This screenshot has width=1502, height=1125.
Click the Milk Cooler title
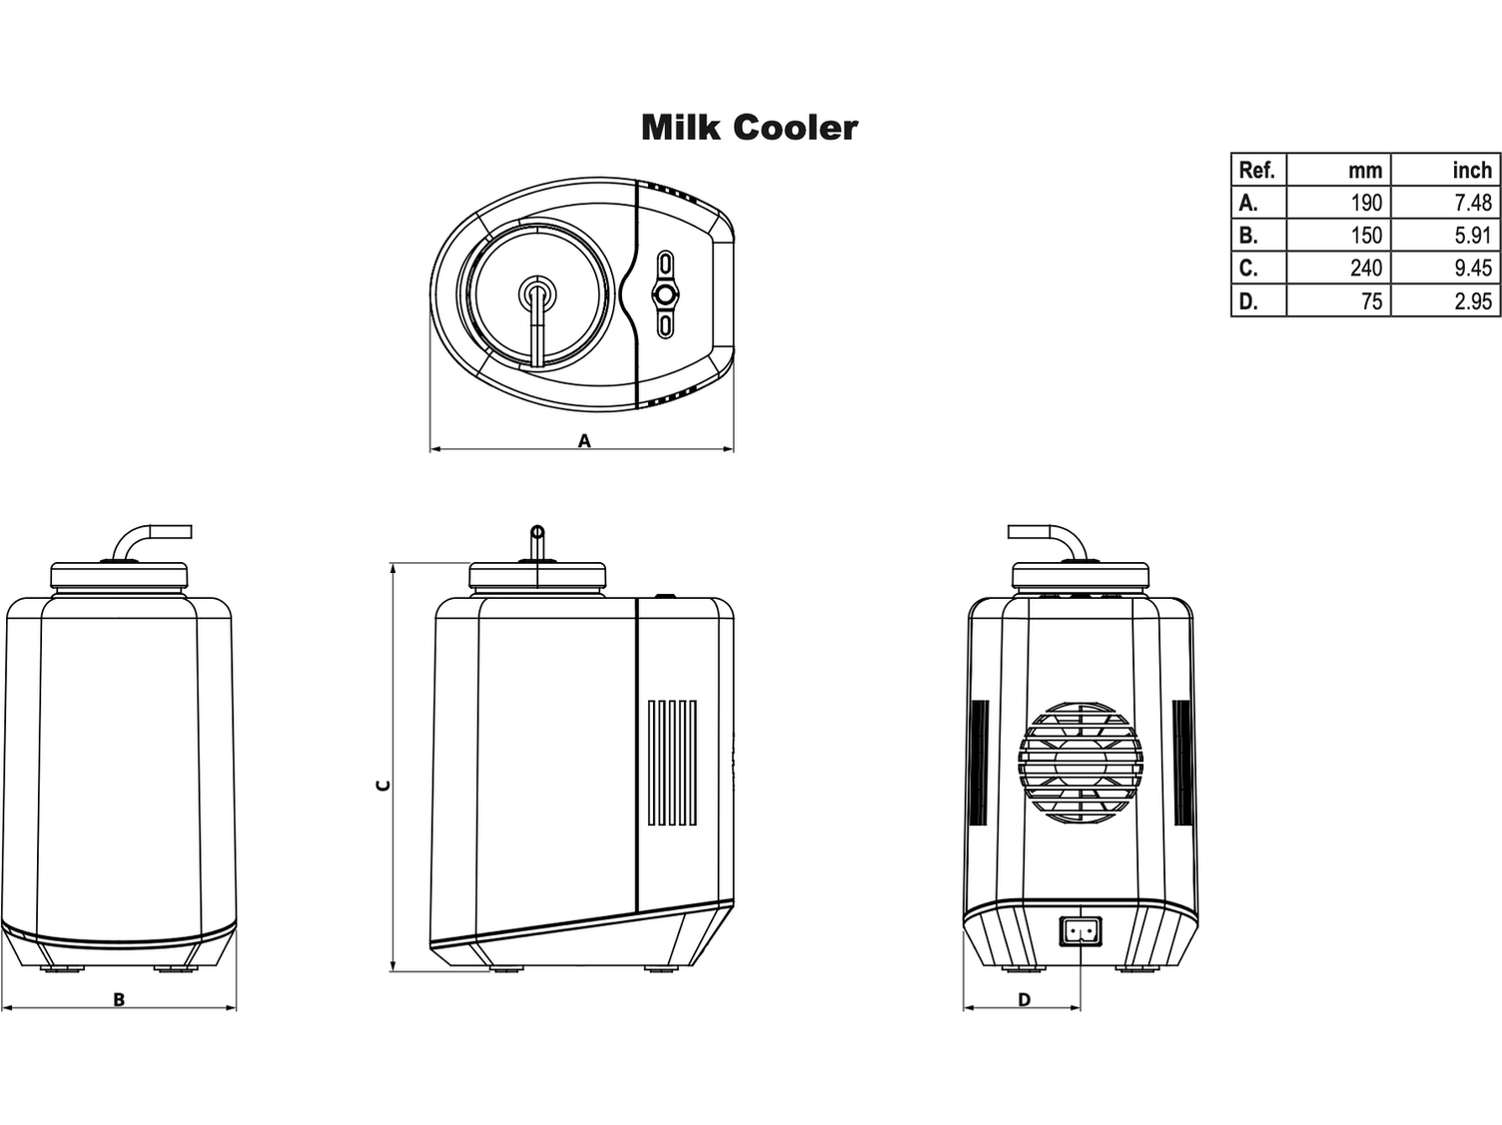[749, 128]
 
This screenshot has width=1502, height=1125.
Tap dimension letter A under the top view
[584, 440]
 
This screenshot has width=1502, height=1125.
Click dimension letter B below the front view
[119, 999]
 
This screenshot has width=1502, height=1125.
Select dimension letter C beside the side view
[381, 785]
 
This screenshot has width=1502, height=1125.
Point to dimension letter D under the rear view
[1024, 999]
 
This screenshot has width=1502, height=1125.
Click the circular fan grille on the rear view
[1080, 763]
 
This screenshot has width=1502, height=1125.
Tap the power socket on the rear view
[1080, 931]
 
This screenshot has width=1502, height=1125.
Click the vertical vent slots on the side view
[672, 763]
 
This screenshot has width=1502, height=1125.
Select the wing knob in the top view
[664, 294]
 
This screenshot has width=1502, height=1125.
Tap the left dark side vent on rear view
[979, 763]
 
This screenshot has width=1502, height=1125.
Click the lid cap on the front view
[119, 574]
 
